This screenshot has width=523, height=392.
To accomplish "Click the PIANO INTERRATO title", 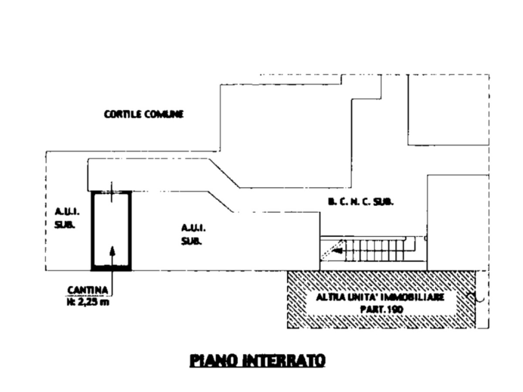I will point(258,361).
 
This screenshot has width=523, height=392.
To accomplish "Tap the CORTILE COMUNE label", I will point(144,114).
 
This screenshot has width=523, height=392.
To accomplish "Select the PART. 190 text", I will point(380,309).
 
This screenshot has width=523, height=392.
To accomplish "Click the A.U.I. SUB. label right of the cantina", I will point(192,234).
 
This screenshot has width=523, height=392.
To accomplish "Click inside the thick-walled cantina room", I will point(111,226).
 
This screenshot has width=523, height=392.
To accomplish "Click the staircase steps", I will point(375,250).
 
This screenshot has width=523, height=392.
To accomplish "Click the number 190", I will point(394,309).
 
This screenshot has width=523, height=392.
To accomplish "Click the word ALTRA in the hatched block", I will point(327,297).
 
